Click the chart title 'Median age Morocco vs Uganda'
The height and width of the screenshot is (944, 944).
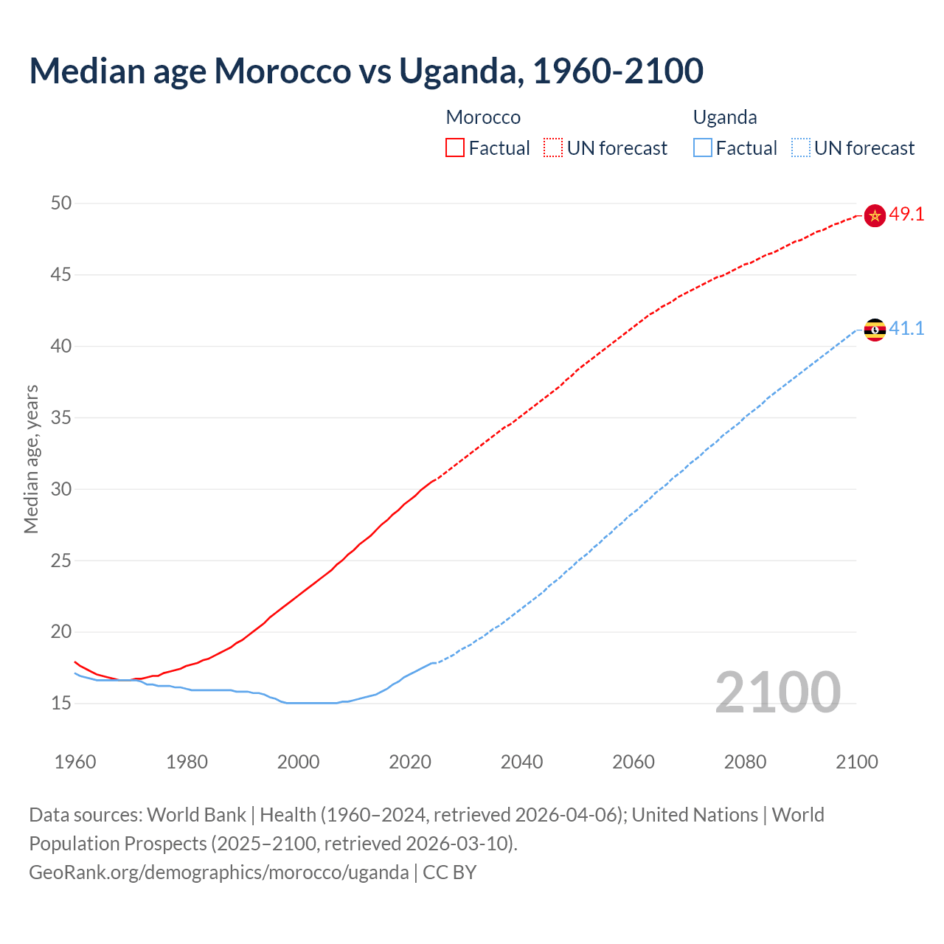366,71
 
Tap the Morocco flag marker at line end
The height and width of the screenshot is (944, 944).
875,215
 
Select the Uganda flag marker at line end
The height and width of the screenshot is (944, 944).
875,330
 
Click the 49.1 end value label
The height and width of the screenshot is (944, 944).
906,215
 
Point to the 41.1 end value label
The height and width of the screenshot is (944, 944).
906,329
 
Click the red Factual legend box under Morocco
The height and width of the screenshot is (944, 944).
455,148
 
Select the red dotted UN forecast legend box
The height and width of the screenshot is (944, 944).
553,148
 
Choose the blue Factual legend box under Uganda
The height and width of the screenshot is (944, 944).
703,148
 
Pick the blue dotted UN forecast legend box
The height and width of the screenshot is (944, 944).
801,148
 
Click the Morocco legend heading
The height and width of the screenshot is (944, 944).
483,117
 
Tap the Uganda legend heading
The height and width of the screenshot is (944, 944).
725,117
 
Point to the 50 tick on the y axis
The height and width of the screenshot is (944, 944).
61,203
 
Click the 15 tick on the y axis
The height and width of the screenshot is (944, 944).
61,704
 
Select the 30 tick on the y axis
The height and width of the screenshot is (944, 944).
61,489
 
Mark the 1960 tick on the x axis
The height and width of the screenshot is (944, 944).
75,762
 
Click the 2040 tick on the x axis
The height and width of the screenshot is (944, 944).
521,762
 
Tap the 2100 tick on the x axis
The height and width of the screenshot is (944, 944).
856,762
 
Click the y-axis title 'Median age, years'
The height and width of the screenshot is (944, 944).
31,459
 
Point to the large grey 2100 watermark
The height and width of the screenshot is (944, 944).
777,693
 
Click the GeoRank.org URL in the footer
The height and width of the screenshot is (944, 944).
218,872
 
